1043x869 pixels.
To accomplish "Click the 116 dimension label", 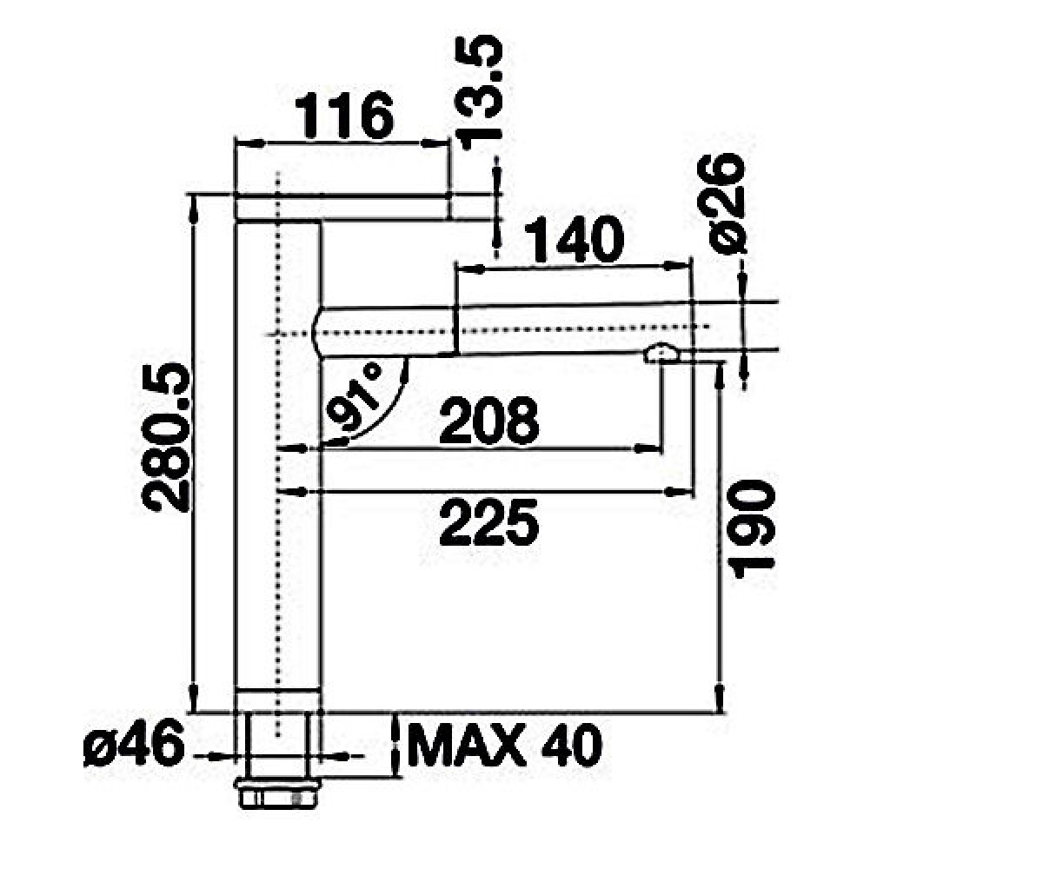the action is point(345,116).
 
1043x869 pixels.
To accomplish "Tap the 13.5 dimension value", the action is point(481,92).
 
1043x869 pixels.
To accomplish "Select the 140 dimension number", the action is point(575,240).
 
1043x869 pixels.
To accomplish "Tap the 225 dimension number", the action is point(489,524).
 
